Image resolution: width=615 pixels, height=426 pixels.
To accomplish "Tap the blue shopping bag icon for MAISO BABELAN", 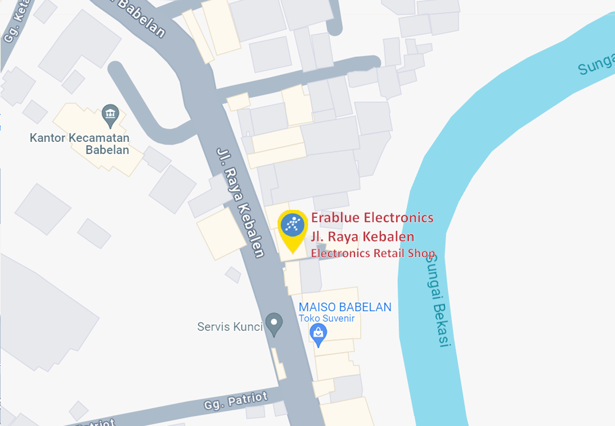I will (318, 334).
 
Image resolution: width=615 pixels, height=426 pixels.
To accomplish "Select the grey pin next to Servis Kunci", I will (274, 324).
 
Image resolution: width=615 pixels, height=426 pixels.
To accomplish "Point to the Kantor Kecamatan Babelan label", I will (79, 144).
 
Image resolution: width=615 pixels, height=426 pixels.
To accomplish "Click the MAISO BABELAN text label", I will (345, 307).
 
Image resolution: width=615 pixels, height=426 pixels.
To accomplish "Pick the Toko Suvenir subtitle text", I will (326, 318).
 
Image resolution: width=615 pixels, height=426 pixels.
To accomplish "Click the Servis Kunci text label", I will (230, 326).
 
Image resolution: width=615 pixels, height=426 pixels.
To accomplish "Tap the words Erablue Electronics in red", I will (372, 217).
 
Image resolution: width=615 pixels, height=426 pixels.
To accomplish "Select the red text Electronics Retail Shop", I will (373, 253).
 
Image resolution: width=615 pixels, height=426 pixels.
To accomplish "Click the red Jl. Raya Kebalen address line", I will (363, 236).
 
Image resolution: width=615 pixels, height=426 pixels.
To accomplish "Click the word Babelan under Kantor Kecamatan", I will (107, 150).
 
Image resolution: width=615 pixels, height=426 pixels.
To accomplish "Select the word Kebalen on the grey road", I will (251, 231).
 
